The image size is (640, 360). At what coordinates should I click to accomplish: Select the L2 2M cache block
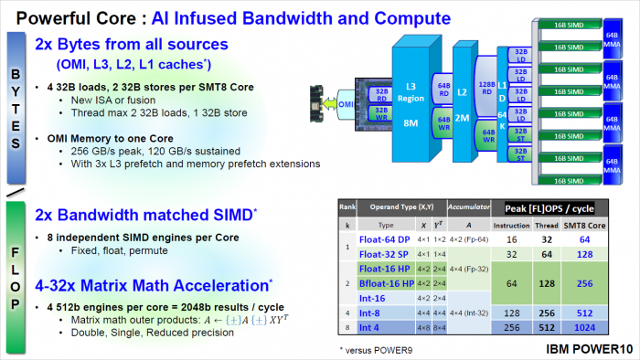[x=462, y=91]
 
